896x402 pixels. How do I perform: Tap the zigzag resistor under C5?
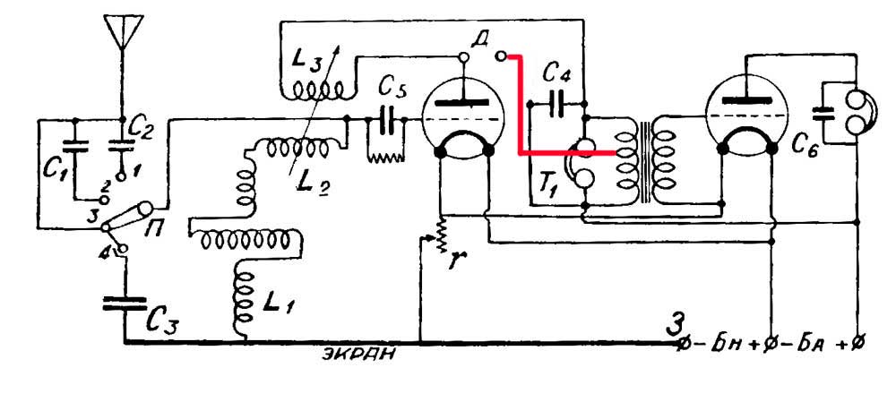(x=385, y=154)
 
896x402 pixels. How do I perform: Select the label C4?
(x=557, y=73)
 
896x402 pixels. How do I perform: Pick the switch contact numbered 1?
(x=121, y=177)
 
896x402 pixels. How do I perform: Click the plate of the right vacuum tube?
(x=747, y=101)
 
